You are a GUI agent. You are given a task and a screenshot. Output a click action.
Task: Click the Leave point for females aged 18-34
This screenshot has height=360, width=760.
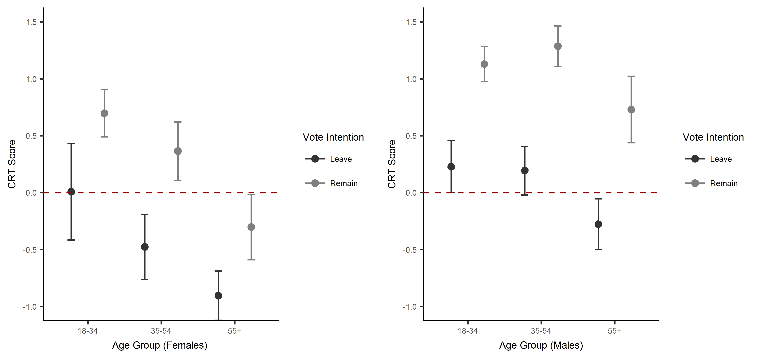pyautogui.click(x=71, y=192)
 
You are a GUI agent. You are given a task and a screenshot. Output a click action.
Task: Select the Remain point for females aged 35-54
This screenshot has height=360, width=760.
pyautogui.click(x=178, y=151)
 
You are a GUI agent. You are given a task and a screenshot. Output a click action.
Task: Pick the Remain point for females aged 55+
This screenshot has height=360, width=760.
pyautogui.click(x=251, y=227)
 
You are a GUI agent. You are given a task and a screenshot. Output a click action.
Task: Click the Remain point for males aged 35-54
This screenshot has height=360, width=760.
pyautogui.click(x=558, y=46)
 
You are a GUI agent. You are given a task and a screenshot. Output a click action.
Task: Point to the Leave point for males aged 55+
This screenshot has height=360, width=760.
pyautogui.click(x=598, y=224)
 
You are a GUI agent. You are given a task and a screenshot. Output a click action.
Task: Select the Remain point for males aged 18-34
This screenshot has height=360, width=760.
pyautogui.click(x=484, y=64)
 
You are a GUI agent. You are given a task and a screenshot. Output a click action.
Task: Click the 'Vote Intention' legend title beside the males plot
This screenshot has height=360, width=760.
pyautogui.click(x=713, y=137)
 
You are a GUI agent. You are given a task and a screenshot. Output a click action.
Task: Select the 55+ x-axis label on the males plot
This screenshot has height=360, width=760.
pyautogui.click(x=615, y=331)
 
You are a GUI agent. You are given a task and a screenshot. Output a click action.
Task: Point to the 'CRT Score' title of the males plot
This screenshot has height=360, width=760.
pyautogui.click(x=392, y=164)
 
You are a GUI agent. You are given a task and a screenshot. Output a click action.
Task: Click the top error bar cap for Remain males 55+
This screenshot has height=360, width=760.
pyautogui.click(x=631, y=76)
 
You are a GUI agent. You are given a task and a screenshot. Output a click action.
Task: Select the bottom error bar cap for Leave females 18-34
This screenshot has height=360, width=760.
pyautogui.click(x=71, y=240)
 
